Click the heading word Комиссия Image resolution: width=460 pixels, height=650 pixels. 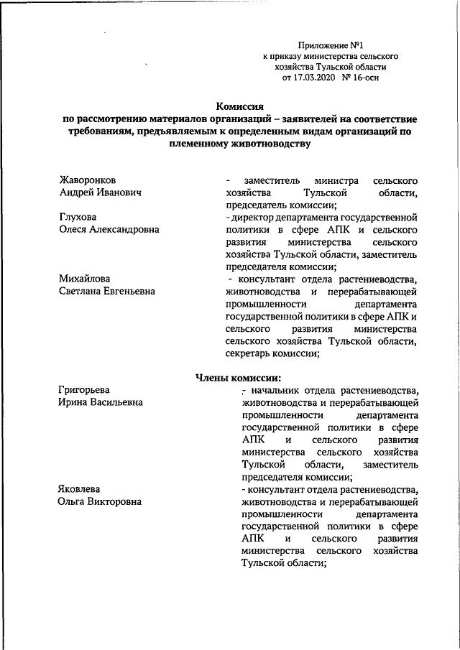point(237,106)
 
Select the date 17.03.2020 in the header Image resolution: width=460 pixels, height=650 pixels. point(313,77)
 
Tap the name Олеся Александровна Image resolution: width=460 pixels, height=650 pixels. point(109,230)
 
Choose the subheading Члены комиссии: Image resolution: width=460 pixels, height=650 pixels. point(238,378)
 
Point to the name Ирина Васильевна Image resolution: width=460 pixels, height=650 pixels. point(100,403)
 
